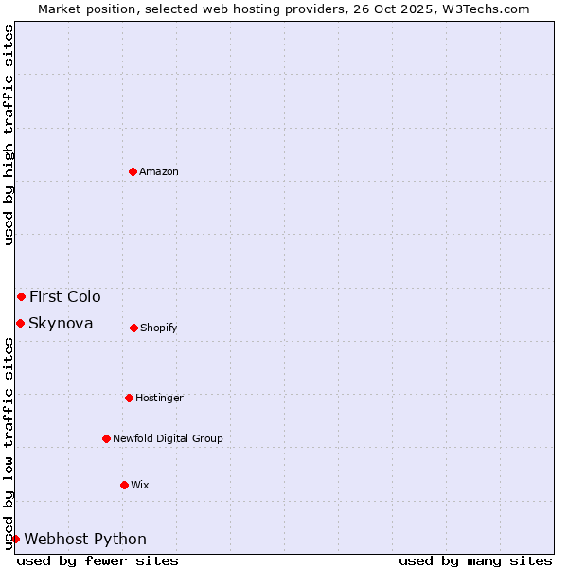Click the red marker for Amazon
pyautogui.click(x=133, y=171)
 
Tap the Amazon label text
pyautogui.click(x=159, y=172)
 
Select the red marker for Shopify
pyautogui.click(x=133, y=328)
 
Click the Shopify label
pyautogui.click(x=159, y=328)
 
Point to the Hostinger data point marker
pyautogui.click(x=129, y=398)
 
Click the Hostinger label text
pyautogui.click(x=159, y=399)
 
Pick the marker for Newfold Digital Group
pyautogui.click(x=106, y=438)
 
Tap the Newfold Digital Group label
pyautogui.click(x=168, y=439)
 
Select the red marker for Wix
pyautogui.click(x=124, y=485)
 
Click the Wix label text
pyautogui.click(x=140, y=486)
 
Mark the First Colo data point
pyautogui.click(x=21, y=296)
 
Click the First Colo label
pyautogui.click(x=64, y=297)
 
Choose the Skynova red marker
pyautogui.click(x=20, y=323)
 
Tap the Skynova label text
pyautogui.click(x=61, y=324)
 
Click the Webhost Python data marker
pyautogui.click(x=15, y=539)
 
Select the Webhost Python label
pyautogui.click(x=85, y=540)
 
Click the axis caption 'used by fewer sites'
pyautogui.click(x=98, y=560)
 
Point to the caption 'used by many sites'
pyautogui.click(x=475, y=560)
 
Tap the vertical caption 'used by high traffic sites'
pyautogui.click(x=9, y=133)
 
